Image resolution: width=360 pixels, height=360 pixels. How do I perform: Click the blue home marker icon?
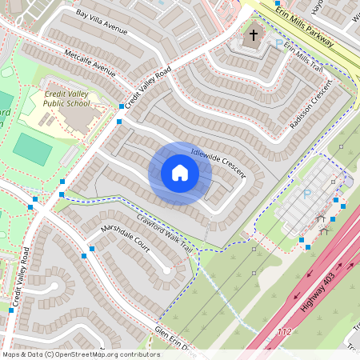[x=179, y=173]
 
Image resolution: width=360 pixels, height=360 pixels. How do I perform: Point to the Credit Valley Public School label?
[x=66, y=98]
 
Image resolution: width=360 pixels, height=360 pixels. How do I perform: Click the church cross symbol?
[x=254, y=34]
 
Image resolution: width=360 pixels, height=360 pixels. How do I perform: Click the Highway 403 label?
[x=319, y=289]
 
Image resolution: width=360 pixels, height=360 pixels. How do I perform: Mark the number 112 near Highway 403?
[x=286, y=331]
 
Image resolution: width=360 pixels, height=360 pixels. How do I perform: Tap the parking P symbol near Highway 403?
[x=306, y=194]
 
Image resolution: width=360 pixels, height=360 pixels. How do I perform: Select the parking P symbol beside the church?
[x=279, y=43]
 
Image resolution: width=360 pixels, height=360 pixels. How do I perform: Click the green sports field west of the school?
[x=32, y=150]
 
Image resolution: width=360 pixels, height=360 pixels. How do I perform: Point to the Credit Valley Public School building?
[x=78, y=118]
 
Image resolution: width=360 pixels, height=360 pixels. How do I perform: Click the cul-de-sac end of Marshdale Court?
[x=166, y=270]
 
